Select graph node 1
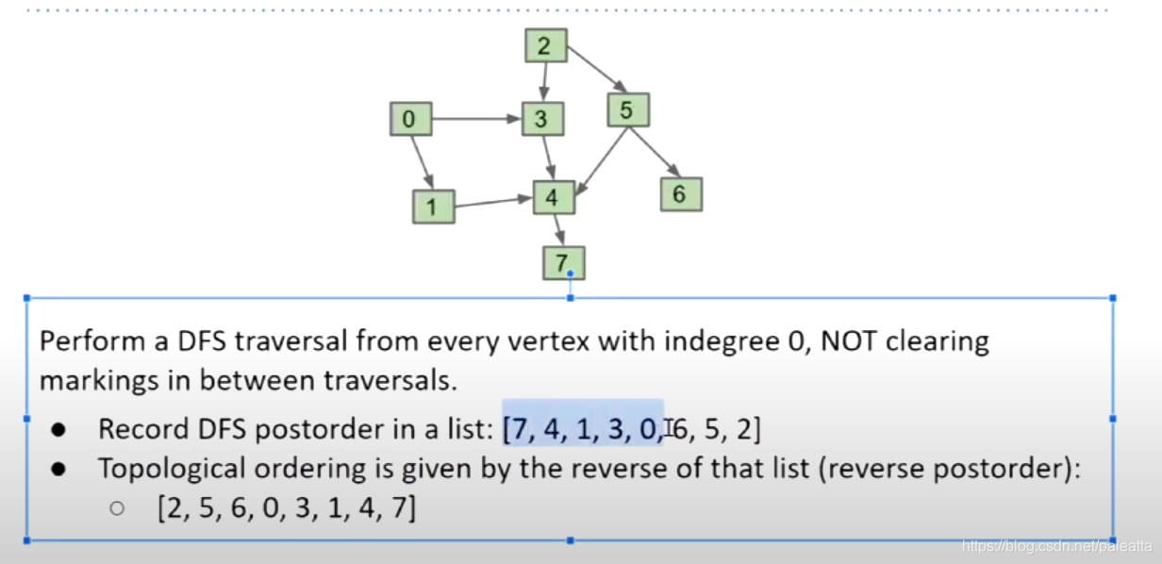(433, 207)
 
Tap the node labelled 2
(545, 45)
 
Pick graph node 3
(542, 119)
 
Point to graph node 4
(554, 197)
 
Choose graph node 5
(628, 110)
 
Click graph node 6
(680, 194)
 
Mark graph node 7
(564, 261)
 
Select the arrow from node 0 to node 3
(475, 120)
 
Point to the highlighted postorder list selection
(583, 429)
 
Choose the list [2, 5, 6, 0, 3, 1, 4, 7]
(286, 509)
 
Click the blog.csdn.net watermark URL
(1055, 546)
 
